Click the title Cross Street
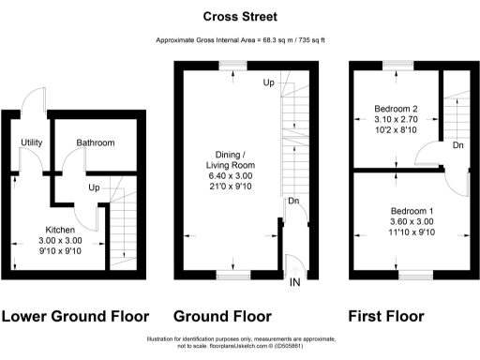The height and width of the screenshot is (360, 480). coord(239,16)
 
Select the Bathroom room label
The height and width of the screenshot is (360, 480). coord(96,143)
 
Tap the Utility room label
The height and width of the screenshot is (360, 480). coord(27,143)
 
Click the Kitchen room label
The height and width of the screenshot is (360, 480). coord(62,229)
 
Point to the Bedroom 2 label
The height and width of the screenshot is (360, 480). coord(396,109)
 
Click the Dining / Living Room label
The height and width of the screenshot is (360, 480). coord(231,159)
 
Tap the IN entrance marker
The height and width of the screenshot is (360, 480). coord(295,282)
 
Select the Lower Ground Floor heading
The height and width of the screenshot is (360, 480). coord(77,316)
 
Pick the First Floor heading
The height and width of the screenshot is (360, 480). coord(385,316)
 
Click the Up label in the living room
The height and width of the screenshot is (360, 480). coord(268,83)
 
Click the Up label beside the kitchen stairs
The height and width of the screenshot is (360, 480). coord(95,187)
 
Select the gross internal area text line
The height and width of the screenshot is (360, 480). coord(239,40)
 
